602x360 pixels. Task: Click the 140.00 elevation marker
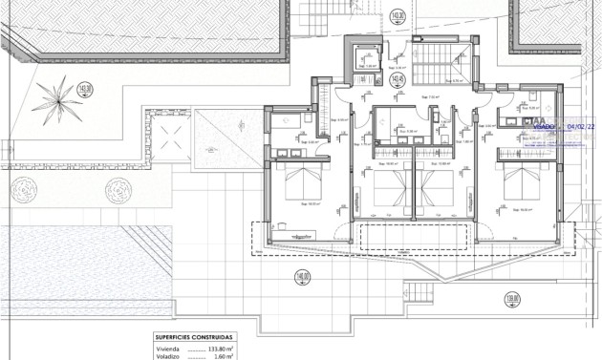(302, 278)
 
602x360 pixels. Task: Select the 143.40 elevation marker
(332, 80)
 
